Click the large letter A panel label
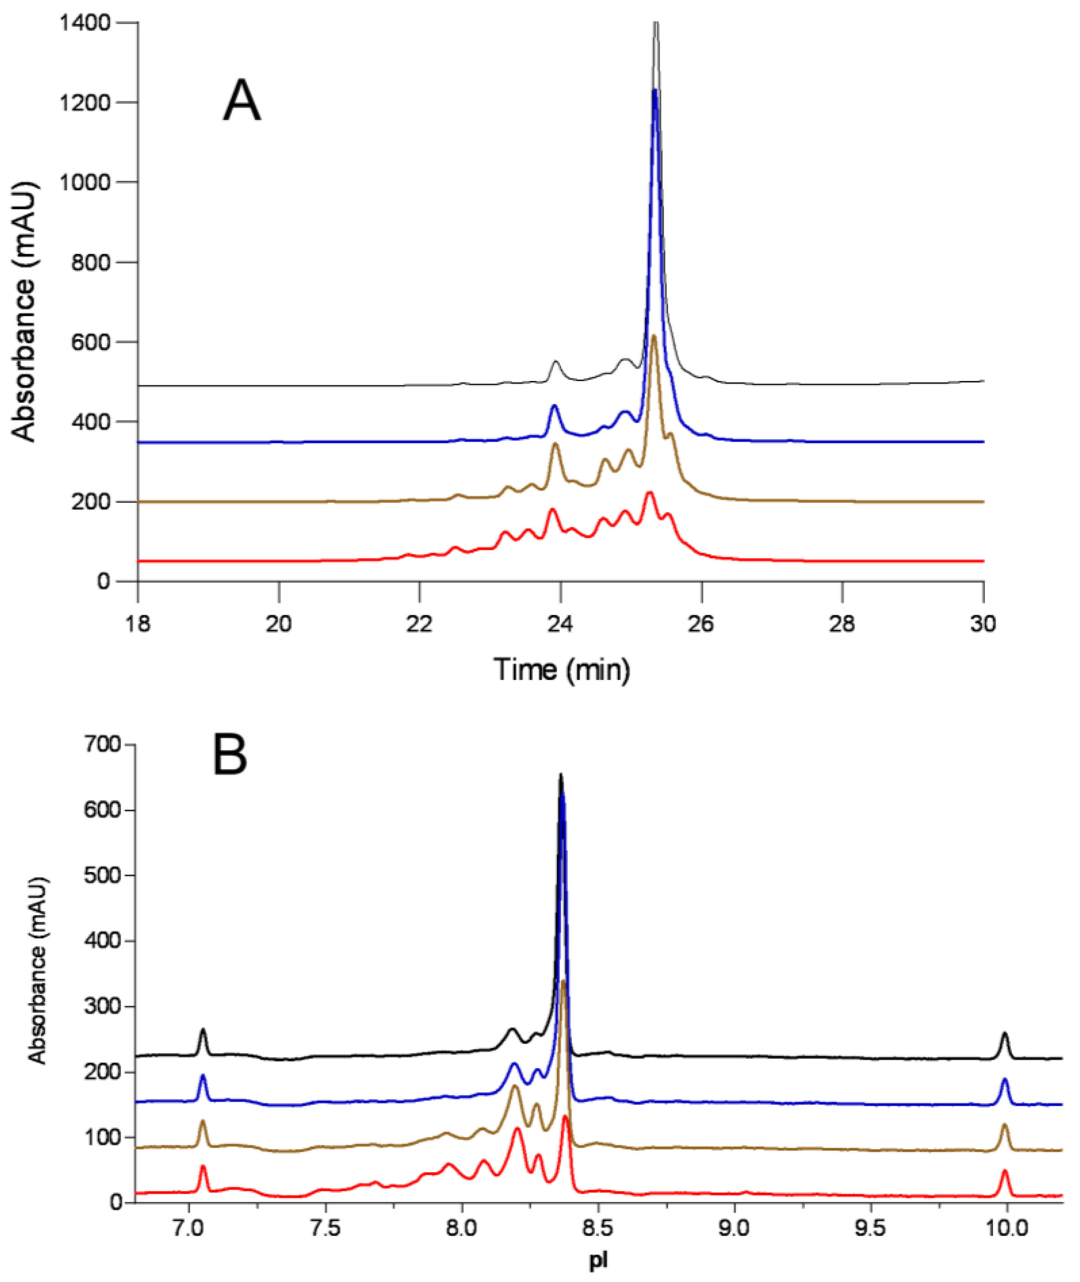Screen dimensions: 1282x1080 [242, 102]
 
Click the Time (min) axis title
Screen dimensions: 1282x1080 [561, 669]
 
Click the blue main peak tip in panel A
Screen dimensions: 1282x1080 [655, 91]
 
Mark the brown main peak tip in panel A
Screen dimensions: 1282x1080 [654, 336]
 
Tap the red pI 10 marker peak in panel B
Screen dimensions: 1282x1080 [1004, 1171]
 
